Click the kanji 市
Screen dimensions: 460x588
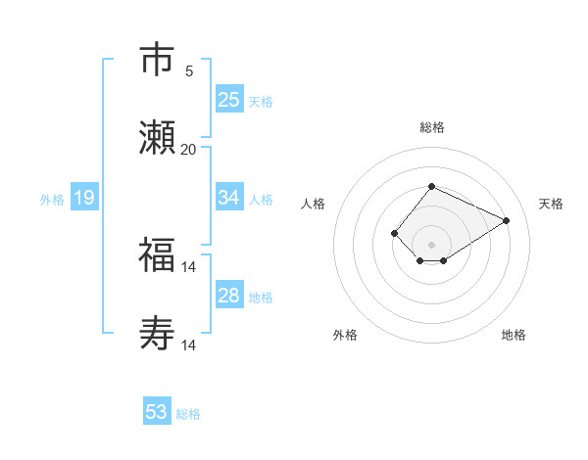157,61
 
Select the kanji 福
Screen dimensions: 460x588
157,256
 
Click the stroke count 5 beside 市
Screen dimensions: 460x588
189,71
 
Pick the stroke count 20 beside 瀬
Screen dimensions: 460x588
189,150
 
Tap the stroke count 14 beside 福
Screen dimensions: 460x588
189,267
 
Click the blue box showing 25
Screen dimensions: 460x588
229,100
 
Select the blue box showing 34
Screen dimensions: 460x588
229,198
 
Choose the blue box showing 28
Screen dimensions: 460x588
229,296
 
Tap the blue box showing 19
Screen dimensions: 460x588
84,199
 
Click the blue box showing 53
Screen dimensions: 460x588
157,412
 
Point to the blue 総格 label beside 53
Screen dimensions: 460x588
188,414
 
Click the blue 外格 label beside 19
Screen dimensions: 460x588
52,200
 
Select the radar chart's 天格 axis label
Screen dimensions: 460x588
551,204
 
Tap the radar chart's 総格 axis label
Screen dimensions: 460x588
431,127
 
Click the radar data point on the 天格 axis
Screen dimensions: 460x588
507,220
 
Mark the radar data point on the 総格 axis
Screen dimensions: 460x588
431,186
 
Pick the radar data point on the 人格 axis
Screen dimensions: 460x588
394,233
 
